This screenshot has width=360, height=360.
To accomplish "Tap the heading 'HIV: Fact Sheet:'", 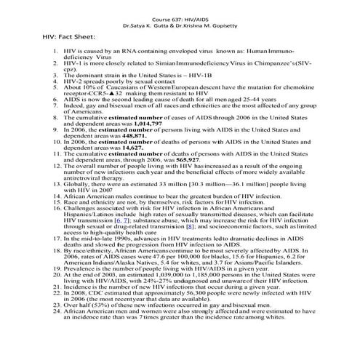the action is [64, 35].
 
